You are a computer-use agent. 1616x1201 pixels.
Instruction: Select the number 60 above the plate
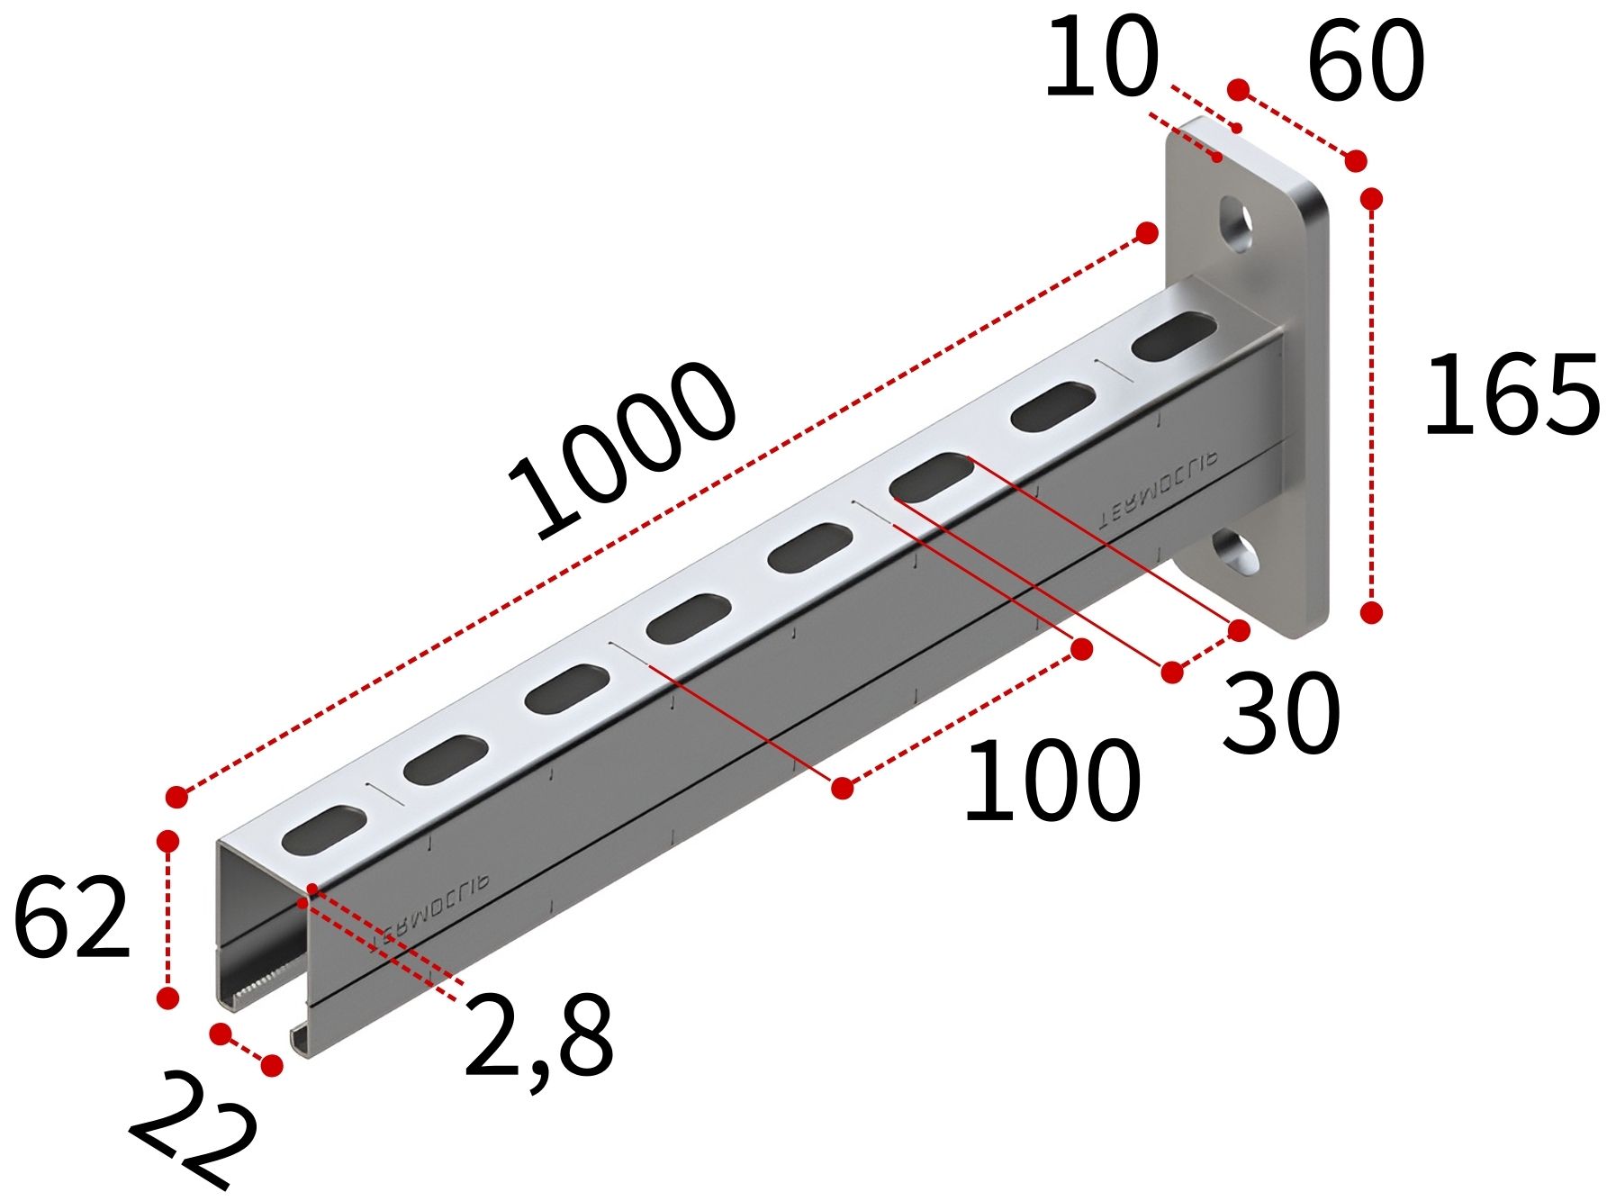coord(1365,61)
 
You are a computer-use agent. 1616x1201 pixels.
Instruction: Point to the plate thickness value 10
coord(1100,58)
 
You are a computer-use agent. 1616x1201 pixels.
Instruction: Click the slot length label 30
coord(1281,714)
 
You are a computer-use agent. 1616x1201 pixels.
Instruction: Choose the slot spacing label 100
coord(1052,781)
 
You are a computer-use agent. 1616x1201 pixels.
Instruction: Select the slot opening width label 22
coord(194,1130)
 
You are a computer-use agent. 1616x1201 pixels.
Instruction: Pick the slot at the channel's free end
coord(324,829)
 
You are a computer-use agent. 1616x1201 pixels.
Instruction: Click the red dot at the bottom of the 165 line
coord(1371,613)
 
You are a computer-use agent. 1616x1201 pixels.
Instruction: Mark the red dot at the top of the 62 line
coord(167,841)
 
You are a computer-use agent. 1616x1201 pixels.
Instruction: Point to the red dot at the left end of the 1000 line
coord(177,796)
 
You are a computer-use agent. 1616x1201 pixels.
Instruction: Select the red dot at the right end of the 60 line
coord(1356,161)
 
